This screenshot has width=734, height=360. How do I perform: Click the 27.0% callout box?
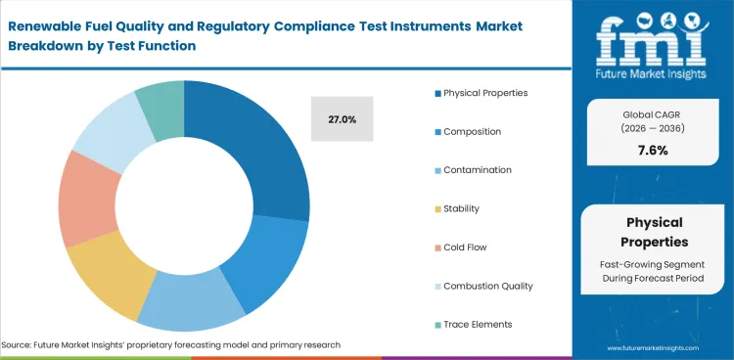pyautogui.click(x=342, y=119)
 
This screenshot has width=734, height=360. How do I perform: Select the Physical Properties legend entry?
pyautogui.click(x=484, y=93)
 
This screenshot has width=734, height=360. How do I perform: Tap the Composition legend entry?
pyautogui.click(x=471, y=131)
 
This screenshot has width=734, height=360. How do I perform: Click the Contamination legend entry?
pyautogui.click(x=477, y=169)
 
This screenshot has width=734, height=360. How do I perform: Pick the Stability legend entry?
pyautogui.click(x=461, y=208)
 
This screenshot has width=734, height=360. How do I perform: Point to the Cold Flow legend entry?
pyautogui.click(x=465, y=247)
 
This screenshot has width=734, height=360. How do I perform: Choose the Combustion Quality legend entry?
pyautogui.click(x=487, y=286)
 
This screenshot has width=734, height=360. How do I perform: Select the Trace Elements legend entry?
pyautogui.click(x=477, y=324)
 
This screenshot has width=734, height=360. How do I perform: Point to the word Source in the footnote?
pyautogui.click(x=19, y=345)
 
